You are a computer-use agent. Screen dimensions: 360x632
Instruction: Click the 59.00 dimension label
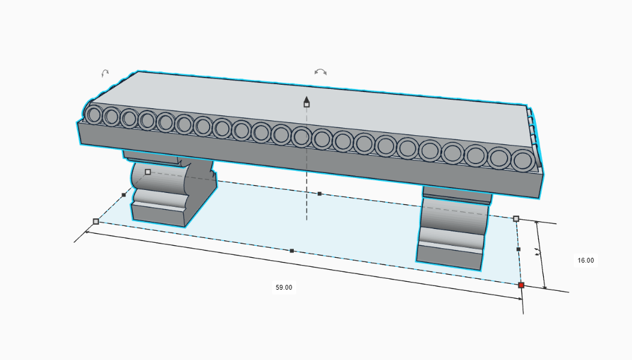coord(284,287)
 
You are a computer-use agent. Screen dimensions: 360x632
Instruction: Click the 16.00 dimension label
coord(585,260)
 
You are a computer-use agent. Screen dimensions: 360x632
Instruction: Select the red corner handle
coord(521,285)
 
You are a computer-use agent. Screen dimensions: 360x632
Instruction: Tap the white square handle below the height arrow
coord(306,105)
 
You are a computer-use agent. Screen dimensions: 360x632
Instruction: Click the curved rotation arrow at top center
coord(321,72)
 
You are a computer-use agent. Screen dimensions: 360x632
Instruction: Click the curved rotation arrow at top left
coord(105,73)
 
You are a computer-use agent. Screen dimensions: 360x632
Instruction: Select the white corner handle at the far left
coord(96,221)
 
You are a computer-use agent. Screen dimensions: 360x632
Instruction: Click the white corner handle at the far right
coord(515,219)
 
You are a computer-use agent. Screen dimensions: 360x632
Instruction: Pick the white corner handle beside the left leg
coord(148,172)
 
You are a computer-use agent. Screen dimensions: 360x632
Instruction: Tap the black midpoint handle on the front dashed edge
coord(291,251)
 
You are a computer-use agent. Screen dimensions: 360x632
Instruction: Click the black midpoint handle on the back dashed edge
coord(320,194)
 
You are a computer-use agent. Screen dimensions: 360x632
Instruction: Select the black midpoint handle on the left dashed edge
coord(124,195)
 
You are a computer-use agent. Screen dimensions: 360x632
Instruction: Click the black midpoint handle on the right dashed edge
coord(518,249)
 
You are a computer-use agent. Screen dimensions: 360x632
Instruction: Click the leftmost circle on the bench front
coord(94,114)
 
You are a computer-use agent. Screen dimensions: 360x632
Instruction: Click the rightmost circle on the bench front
coord(523,161)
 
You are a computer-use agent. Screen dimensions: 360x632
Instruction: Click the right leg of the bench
coord(452,231)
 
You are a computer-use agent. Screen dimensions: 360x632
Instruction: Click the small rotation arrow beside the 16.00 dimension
coord(538,253)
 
